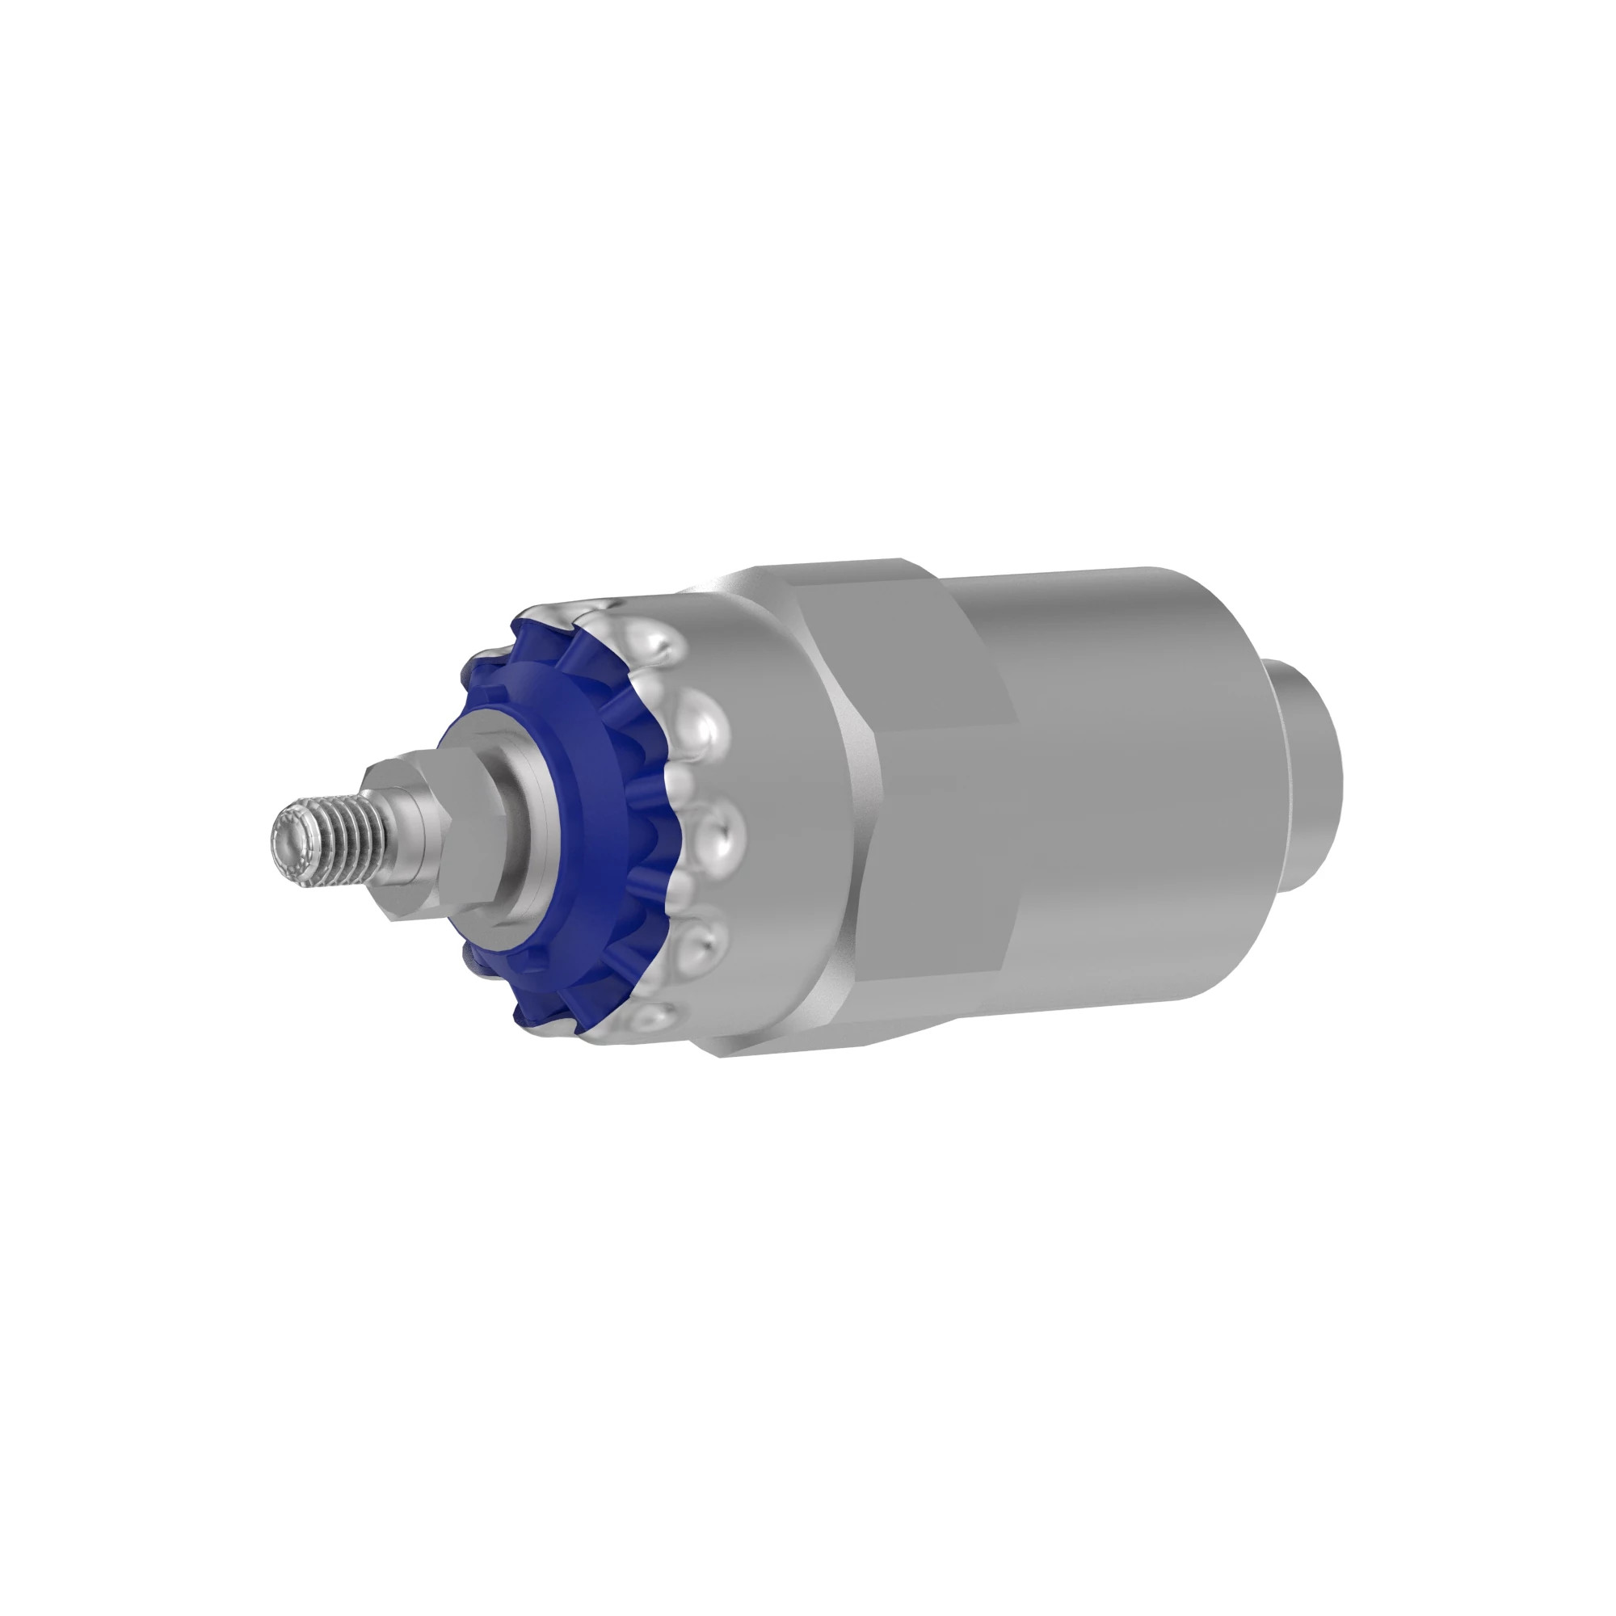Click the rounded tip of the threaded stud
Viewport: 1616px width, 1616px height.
pyautogui.click(x=285, y=837)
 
